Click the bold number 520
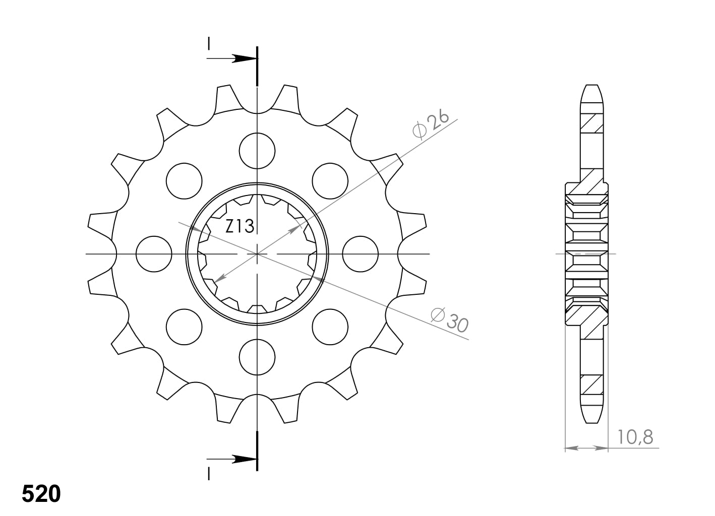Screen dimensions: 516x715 (x=41, y=494)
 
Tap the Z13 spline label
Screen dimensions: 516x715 (x=239, y=227)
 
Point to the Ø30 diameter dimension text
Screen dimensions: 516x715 (x=450, y=320)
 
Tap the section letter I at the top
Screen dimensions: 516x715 (x=208, y=44)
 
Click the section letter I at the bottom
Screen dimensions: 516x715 (x=208, y=474)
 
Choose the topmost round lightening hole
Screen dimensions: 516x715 (x=257, y=151)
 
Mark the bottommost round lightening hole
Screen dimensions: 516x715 (x=257, y=357)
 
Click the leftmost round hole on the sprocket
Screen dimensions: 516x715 (x=154, y=254)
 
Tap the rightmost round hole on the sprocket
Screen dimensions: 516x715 (x=361, y=254)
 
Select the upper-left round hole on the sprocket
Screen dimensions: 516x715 (x=184, y=181)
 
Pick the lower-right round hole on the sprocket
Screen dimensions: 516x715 (x=330, y=327)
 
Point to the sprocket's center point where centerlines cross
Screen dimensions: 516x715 (x=257, y=254)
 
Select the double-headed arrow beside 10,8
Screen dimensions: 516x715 (x=586, y=447)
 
